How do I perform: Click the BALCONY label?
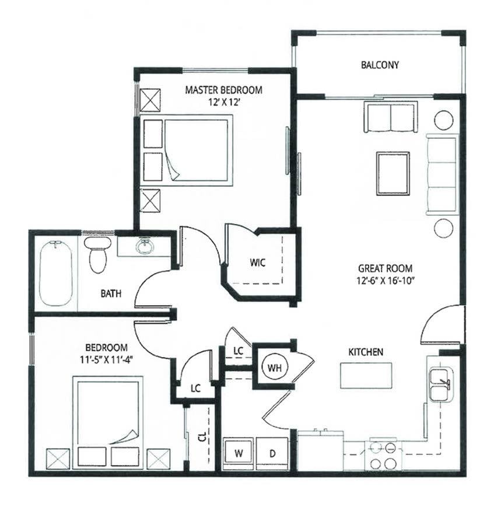click(380, 65)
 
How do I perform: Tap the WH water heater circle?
click(274, 368)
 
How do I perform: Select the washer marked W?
click(239, 453)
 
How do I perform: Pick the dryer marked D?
click(272, 453)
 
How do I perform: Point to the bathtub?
click(56, 273)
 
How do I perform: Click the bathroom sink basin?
click(145, 246)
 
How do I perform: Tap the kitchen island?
click(366, 375)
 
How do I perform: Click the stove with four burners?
click(383, 455)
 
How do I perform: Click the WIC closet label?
click(258, 263)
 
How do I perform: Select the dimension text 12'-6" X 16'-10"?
click(385, 280)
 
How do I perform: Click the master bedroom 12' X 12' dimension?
click(223, 102)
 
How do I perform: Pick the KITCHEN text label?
click(366, 352)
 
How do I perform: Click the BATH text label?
click(110, 293)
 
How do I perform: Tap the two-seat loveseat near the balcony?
click(390, 118)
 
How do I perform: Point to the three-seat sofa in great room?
click(442, 174)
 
